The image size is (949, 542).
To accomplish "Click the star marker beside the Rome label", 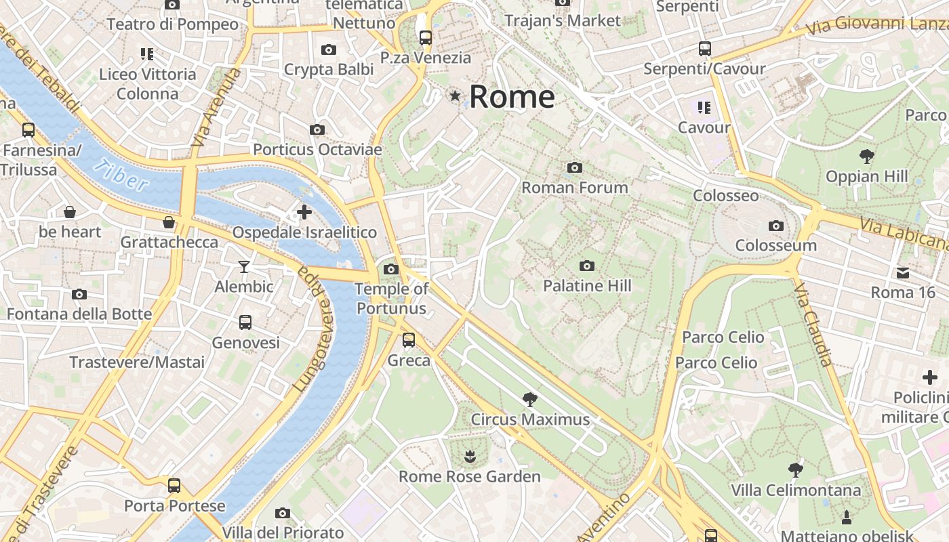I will [455, 97].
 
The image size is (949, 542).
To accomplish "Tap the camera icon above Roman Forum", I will [575, 167].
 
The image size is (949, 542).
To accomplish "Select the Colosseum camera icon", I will [776, 226].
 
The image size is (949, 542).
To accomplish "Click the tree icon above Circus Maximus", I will [530, 400].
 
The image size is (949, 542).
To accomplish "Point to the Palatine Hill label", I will [587, 286].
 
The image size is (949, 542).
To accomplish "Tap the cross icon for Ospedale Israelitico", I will [304, 212].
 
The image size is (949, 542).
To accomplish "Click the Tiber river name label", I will [121, 175].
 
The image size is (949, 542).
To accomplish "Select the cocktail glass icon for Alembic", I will [244, 266].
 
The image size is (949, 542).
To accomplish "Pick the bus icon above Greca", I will [409, 340].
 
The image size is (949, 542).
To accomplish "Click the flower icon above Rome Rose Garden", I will [469, 457].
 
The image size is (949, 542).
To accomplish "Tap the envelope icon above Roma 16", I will [903, 273].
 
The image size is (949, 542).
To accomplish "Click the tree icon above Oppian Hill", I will [866, 157].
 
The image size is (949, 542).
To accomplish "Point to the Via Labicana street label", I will [903, 233].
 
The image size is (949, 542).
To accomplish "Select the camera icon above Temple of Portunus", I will [391, 270].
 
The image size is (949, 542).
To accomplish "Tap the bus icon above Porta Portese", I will [174, 486].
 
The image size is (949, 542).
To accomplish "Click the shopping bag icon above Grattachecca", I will [169, 222].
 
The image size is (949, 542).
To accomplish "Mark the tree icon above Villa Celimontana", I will [796, 470].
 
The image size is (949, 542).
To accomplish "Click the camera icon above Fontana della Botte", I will [79, 294].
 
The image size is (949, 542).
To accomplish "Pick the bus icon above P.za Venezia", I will [425, 38].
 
